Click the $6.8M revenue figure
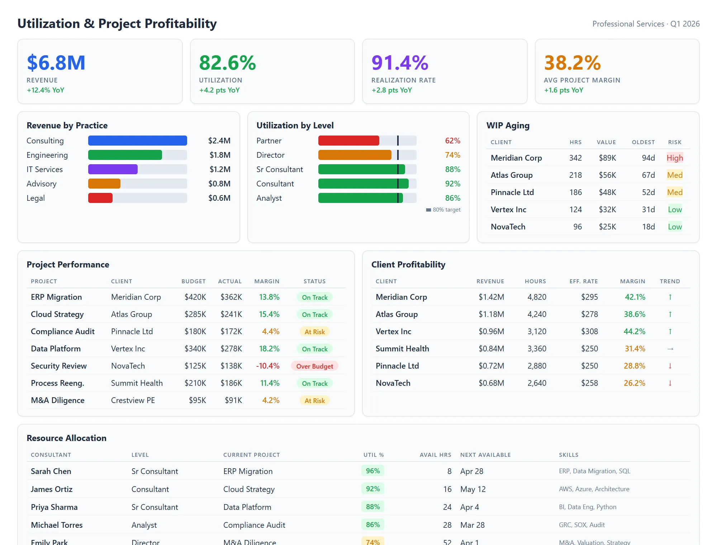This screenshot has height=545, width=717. (x=56, y=63)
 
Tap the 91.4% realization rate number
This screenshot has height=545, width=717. (x=400, y=63)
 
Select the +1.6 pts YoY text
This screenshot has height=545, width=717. (x=564, y=90)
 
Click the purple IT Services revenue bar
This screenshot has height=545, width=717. (x=113, y=169)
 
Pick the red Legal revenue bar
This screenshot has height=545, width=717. (x=100, y=198)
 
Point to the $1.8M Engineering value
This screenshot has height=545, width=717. (x=220, y=155)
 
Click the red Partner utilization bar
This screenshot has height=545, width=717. (x=348, y=141)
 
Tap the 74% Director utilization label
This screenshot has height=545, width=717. (x=452, y=155)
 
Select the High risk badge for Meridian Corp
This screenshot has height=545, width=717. (x=674, y=158)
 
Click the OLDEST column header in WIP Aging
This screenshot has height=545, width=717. (x=643, y=142)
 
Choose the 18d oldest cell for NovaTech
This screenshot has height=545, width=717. (x=648, y=227)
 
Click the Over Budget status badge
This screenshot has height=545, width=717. (x=314, y=366)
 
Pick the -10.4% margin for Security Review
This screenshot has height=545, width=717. (x=267, y=366)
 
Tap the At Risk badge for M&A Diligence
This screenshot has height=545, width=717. (x=314, y=401)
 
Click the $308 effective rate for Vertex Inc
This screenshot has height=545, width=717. (x=589, y=331)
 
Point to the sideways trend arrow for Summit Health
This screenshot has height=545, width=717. (x=670, y=349)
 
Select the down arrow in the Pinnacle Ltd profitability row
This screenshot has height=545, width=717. (x=670, y=366)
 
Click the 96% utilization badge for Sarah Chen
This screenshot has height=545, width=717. (x=372, y=471)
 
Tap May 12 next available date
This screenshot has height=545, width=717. (x=473, y=489)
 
